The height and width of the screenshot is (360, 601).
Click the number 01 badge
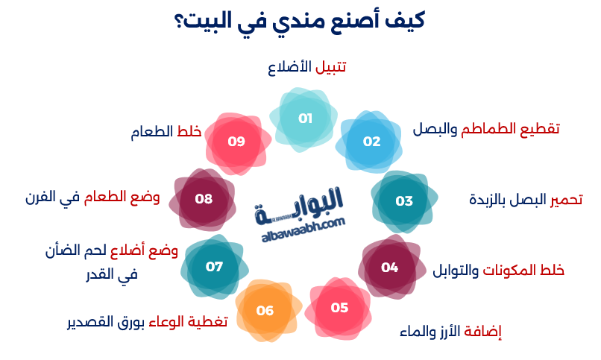click(305, 119)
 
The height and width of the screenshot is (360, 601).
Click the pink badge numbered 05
click(339, 308)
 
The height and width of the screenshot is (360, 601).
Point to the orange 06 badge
click(265, 311)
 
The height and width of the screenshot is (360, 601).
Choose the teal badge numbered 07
click(214, 266)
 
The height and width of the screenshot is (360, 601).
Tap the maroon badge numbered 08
click(204, 199)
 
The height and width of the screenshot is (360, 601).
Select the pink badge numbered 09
click(236, 141)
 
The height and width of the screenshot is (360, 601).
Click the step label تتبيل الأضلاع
click(306, 68)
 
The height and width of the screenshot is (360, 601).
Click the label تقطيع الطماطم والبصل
click(486, 128)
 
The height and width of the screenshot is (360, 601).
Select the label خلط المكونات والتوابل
click(499, 270)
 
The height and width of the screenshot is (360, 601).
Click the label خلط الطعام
click(166, 132)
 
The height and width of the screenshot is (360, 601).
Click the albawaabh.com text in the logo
click(303, 224)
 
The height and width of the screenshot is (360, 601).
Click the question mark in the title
click(180, 20)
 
